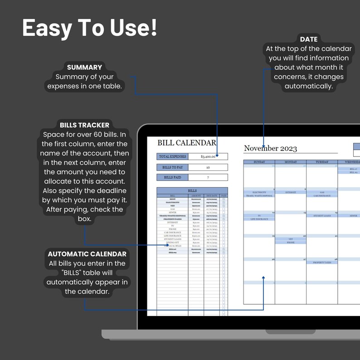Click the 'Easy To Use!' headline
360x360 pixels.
click(90, 28)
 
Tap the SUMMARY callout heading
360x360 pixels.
click(84, 67)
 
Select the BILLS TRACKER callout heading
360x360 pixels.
click(84, 125)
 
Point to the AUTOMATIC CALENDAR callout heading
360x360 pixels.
click(87, 254)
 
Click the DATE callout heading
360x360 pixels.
click(308, 39)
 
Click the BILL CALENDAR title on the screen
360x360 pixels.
click(186, 143)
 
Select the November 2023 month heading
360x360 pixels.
click(270, 148)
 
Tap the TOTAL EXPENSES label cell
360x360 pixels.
click(172, 156)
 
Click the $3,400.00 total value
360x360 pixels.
click(208, 156)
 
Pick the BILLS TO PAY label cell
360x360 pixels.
click(172, 167)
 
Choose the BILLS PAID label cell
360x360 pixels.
click(172, 177)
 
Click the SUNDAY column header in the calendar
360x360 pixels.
click(259, 162)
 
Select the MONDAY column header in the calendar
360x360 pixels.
click(291, 162)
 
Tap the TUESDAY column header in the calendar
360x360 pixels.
click(322, 162)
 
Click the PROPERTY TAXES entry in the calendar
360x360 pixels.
click(322, 263)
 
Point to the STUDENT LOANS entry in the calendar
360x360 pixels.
click(322, 216)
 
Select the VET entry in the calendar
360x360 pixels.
click(291, 239)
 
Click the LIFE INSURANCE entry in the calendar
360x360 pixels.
click(259, 219)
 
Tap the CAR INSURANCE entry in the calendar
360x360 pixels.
click(322, 196)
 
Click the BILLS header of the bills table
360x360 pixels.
click(192, 191)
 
